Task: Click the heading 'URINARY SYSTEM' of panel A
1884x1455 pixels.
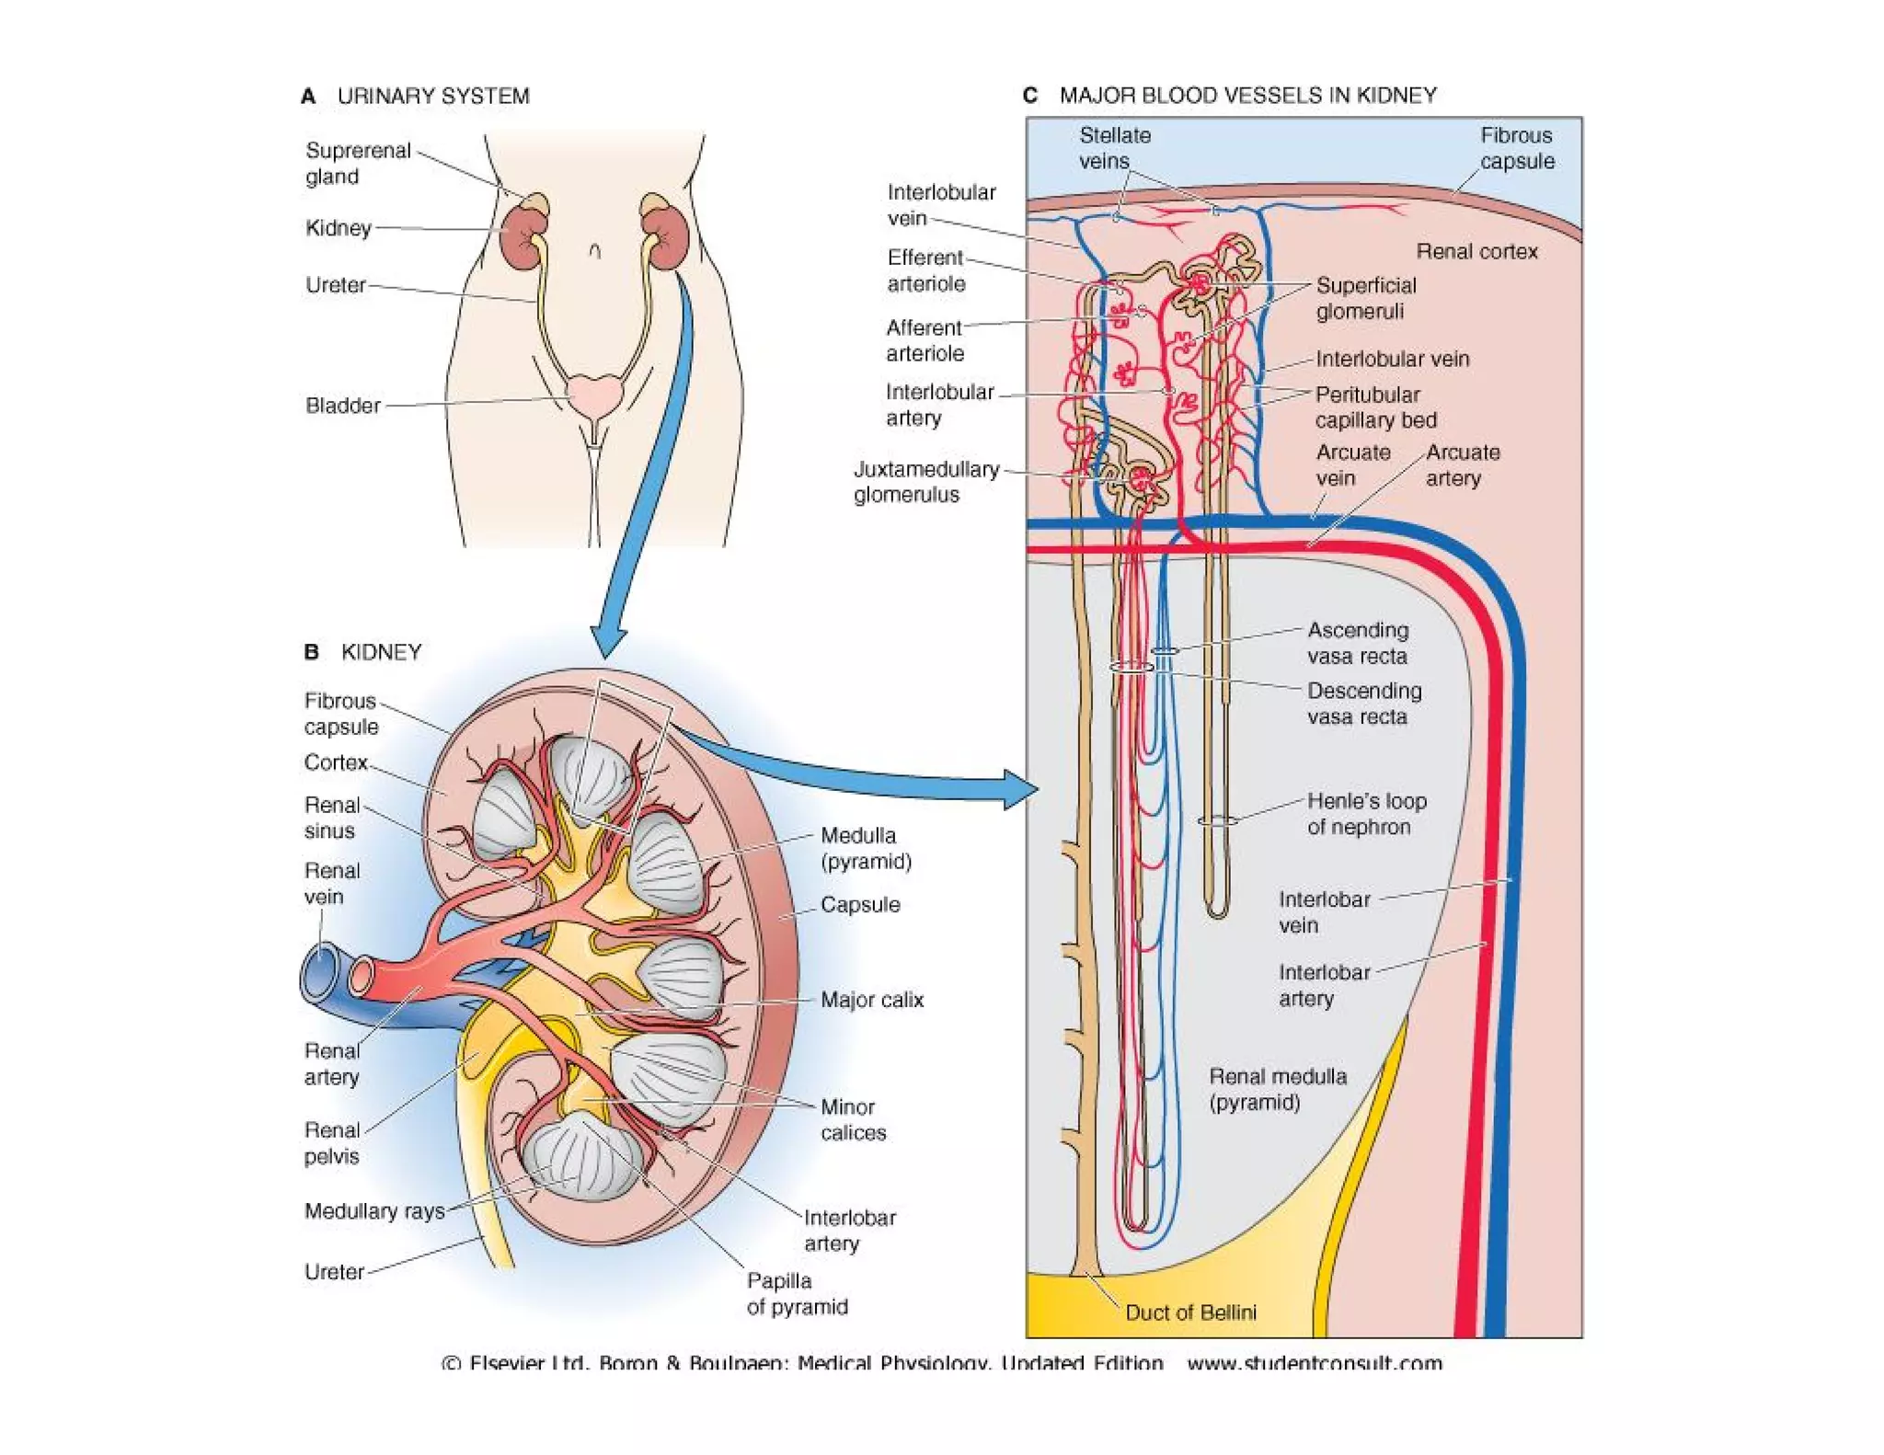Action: coord(432,96)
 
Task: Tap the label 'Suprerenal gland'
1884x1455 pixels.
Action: coord(357,163)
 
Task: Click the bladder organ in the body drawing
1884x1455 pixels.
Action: coord(593,395)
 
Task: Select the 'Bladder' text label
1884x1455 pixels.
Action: coord(342,406)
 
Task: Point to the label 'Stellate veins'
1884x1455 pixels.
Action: coord(1113,148)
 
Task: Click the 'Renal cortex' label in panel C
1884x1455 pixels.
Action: coord(1476,251)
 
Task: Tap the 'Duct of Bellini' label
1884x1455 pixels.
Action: coord(1189,1312)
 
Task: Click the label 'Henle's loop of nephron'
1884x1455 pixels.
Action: coord(1365,814)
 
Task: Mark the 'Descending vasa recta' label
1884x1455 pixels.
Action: coord(1363,704)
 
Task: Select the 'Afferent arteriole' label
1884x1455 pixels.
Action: coord(924,340)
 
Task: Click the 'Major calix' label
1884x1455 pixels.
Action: coord(871,1000)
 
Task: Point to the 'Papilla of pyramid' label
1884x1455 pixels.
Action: coord(796,1294)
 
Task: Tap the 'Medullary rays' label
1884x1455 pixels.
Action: coord(374,1211)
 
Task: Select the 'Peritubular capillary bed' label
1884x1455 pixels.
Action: coord(1374,407)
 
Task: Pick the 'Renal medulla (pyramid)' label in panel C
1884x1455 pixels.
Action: coord(1277,1089)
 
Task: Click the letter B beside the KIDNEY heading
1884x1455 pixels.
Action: coord(311,652)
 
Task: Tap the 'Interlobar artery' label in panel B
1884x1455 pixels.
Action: coord(848,1231)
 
